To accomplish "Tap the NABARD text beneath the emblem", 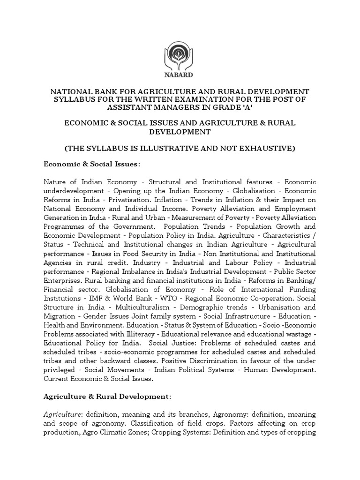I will click(180, 74).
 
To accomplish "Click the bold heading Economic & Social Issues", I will click(91, 165).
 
